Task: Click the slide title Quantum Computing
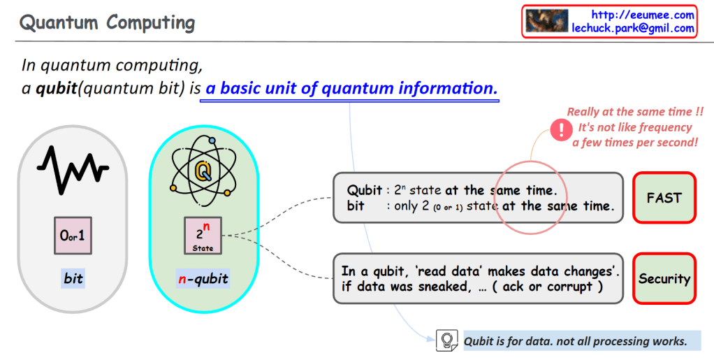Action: point(107,22)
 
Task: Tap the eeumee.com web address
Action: point(643,15)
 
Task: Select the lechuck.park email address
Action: point(633,28)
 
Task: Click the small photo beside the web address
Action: point(547,21)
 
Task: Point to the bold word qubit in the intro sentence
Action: point(57,88)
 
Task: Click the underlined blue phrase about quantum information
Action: point(351,88)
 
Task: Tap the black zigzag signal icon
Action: point(73,169)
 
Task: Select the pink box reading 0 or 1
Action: point(73,235)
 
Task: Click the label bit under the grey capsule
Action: point(73,278)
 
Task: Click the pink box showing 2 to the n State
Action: point(203,235)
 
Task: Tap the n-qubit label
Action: point(203,278)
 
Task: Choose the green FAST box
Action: point(664,198)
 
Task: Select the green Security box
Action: point(664,278)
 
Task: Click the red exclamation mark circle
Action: point(562,130)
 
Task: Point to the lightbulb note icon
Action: point(446,340)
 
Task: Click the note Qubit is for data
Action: point(575,341)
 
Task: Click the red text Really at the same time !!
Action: point(635,112)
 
